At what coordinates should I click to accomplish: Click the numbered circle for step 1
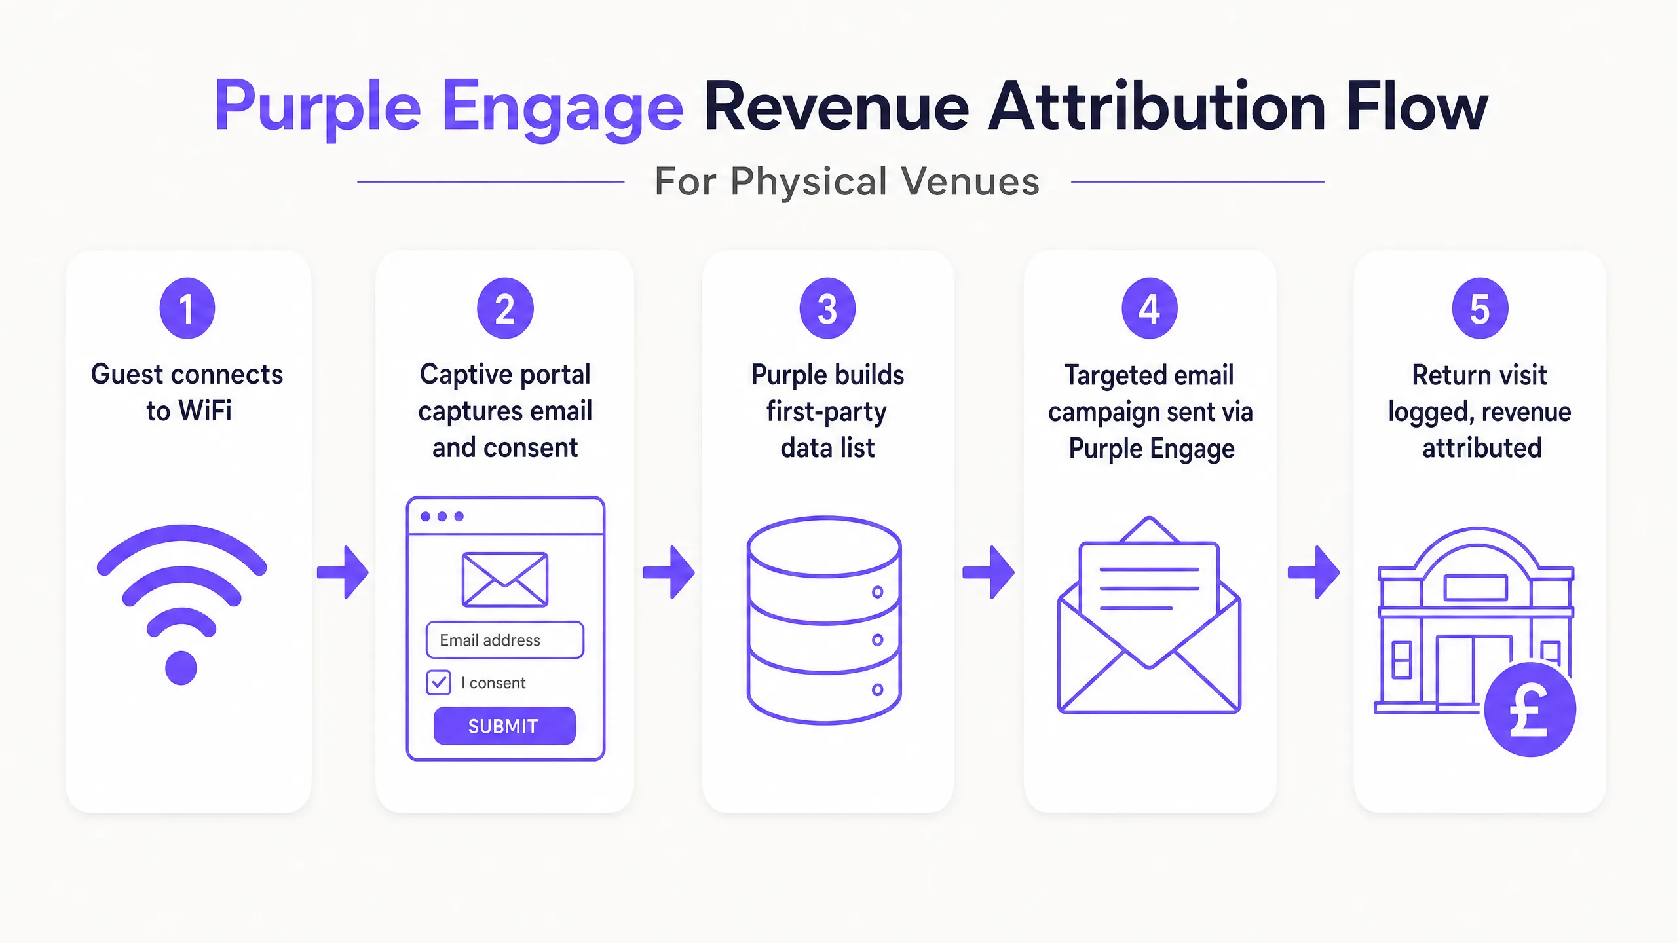[x=187, y=308]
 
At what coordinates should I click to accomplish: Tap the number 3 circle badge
[x=827, y=308]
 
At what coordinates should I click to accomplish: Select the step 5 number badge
[x=1480, y=308]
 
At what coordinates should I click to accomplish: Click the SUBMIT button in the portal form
[x=504, y=726]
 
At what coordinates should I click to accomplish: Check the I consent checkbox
[x=438, y=682]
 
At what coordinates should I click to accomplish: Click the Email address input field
[x=504, y=640]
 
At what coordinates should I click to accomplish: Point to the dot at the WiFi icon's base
[x=181, y=668]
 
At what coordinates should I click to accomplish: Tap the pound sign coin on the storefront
[x=1530, y=710]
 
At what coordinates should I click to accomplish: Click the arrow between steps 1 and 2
[x=343, y=572]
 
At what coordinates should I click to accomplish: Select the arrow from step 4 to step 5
[x=1313, y=572]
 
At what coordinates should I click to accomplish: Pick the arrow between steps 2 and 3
[x=668, y=572]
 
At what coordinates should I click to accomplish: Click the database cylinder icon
[x=824, y=619]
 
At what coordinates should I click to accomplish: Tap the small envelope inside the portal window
[x=504, y=580]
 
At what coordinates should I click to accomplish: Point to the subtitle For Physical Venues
[x=847, y=181]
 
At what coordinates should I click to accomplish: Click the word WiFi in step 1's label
[x=205, y=411]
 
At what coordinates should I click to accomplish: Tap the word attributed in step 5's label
[x=1482, y=449]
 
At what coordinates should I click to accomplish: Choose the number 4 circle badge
[x=1150, y=308]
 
